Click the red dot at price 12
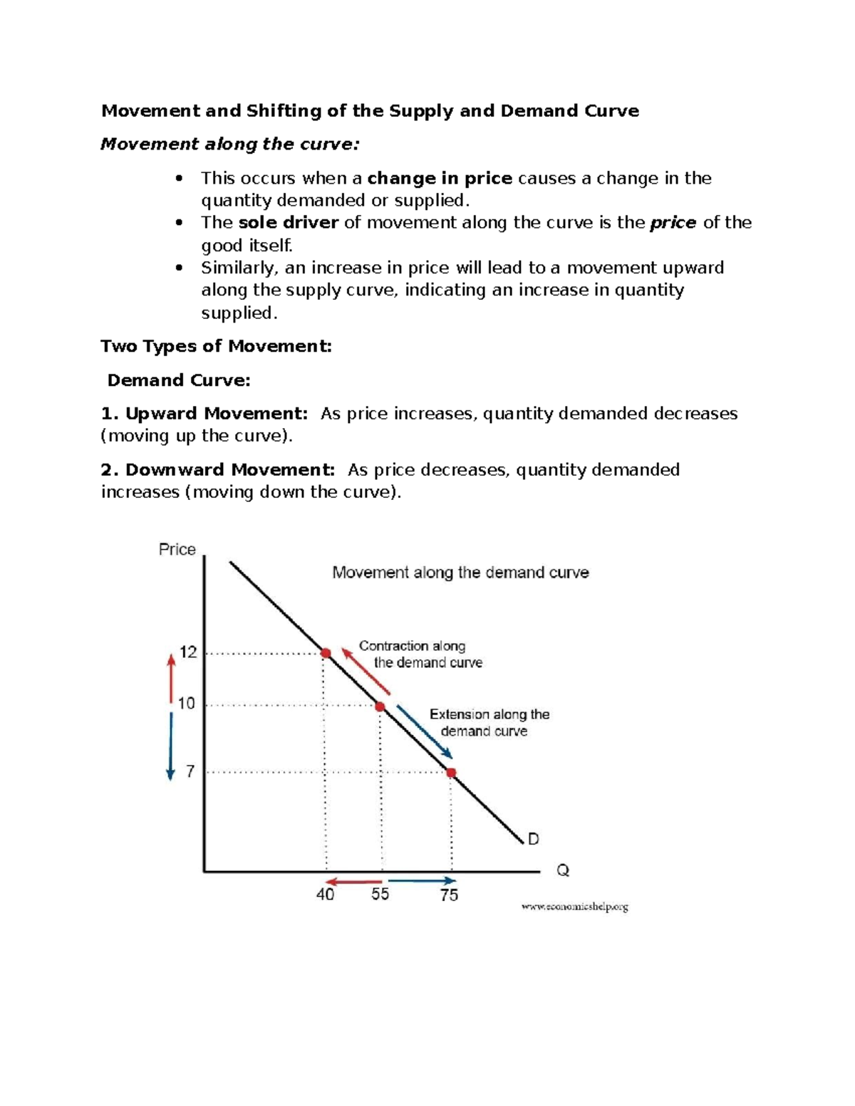pos(326,653)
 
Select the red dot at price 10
pos(380,706)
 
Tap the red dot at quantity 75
pos(451,773)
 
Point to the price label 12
pos(188,652)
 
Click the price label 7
pos(190,771)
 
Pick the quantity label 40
pos(325,894)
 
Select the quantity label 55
pos(380,894)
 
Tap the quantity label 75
pos(449,895)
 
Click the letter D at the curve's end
pos(533,839)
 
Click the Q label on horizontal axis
pos(563,870)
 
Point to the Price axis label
pos(177,549)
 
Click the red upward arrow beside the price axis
pos(171,678)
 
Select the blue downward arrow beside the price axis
pos(170,746)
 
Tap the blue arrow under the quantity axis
pos(422,881)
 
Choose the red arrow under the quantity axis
pos(354,882)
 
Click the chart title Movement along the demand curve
pos(460,573)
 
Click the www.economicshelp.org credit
pos(574,907)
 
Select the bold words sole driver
pos(288,223)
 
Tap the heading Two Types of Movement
pos(216,346)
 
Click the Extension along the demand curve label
pos(489,722)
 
